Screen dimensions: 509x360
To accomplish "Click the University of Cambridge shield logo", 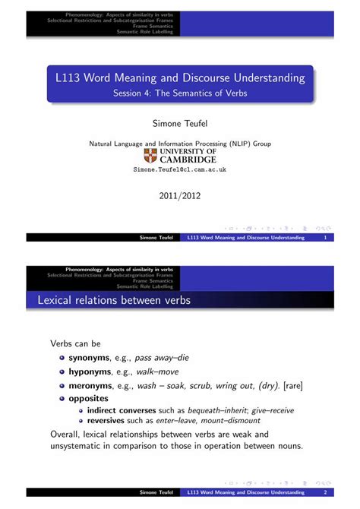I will [150, 156].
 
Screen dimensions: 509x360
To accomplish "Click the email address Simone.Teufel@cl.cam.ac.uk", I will [180, 171].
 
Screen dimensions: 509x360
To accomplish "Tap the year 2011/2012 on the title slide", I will [179, 195].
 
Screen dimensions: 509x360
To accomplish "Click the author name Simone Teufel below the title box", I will [179, 122].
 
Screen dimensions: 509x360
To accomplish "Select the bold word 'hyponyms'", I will [90, 371].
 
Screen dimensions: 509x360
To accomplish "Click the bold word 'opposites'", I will [88, 398].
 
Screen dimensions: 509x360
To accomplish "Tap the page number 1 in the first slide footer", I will [325, 238].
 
